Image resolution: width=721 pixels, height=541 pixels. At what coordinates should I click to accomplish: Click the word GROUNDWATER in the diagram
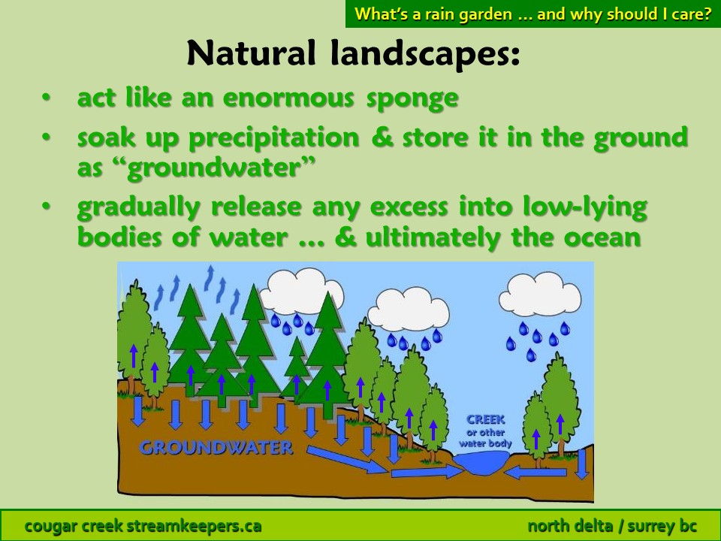216,447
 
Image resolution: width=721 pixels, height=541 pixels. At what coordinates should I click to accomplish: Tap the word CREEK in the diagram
486,419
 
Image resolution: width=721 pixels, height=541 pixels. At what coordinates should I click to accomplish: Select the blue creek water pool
481,462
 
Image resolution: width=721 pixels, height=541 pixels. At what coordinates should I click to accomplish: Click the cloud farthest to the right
540,295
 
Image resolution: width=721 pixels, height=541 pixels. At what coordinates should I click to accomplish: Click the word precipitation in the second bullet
274,138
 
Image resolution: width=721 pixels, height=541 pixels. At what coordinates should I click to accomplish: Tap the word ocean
602,238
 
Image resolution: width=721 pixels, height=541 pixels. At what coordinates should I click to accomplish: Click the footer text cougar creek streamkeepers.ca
143,526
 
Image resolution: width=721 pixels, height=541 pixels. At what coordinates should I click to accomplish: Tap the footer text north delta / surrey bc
612,526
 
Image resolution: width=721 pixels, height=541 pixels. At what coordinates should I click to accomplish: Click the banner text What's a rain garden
433,14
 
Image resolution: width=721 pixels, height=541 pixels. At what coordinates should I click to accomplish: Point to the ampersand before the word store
382,138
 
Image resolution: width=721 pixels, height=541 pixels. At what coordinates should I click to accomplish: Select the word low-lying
585,207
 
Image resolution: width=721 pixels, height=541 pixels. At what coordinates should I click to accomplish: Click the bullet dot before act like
46,97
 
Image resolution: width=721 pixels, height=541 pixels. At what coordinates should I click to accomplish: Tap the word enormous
288,98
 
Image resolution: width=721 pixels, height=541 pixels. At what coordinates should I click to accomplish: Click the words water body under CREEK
485,443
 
